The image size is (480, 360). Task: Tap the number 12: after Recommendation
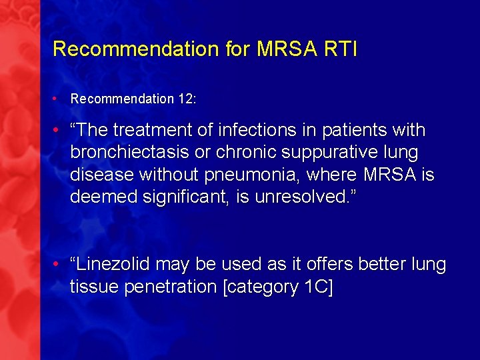point(187,99)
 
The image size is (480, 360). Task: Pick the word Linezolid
point(113,265)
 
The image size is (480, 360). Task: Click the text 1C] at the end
point(319,287)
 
